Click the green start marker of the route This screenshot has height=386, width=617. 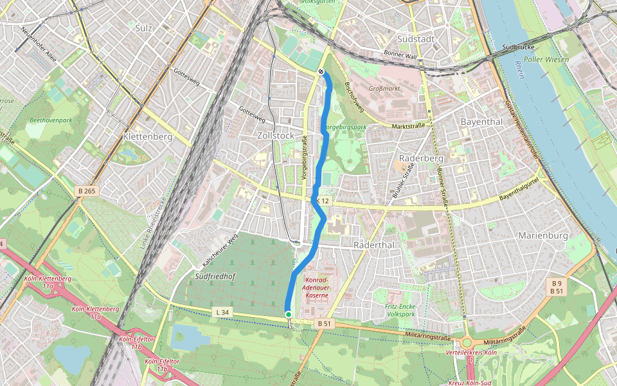click(x=289, y=314)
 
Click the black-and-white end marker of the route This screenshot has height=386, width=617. click(x=321, y=71)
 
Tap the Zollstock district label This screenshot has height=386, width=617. click(x=275, y=136)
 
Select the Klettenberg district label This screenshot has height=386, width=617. click(x=148, y=137)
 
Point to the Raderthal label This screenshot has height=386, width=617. click(x=373, y=246)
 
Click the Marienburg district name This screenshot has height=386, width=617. click(x=543, y=235)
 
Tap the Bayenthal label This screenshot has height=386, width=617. click(x=481, y=122)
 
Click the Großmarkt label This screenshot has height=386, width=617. click(x=384, y=88)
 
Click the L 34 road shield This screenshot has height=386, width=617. click(x=222, y=313)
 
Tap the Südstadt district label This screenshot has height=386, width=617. click(x=435, y=39)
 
